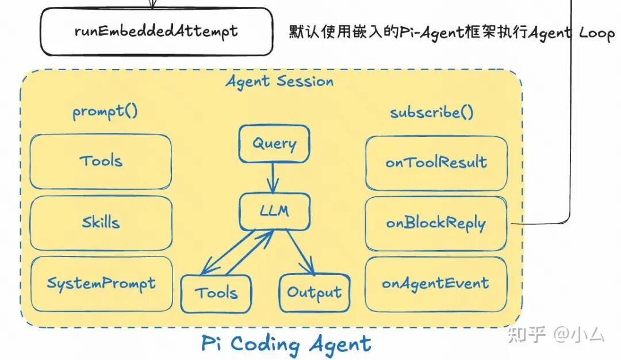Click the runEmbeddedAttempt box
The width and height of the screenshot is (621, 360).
pyautogui.click(x=156, y=31)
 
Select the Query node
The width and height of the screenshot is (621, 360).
pyautogui.click(x=274, y=143)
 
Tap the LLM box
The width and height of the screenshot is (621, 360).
pyautogui.click(x=274, y=212)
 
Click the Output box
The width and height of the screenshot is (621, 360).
pyautogui.click(x=314, y=292)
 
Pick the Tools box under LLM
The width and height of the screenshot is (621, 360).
pyautogui.click(x=216, y=293)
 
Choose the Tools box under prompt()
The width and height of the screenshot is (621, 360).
pyautogui.click(x=101, y=161)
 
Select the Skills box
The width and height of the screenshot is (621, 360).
pyautogui.click(x=101, y=223)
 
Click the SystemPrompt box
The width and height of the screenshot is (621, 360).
pyautogui.click(x=101, y=284)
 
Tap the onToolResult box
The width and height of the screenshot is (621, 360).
pyautogui.click(x=436, y=163)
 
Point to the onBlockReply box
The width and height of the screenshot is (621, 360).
pyautogui.click(x=436, y=224)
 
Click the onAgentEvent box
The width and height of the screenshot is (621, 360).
pyautogui.click(x=436, y=284)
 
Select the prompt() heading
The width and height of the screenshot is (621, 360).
pyautogui.click(x=105, y=111)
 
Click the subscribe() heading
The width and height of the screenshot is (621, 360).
pyautogui.click(x=432, y=112)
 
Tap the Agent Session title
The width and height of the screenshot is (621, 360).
pyautogui.click(x=279, y=82)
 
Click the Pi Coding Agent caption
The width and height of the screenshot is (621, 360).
pyautogui.click(x=286, y=344)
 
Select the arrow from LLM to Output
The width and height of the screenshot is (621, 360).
pyautogui.click(x=301, y=251)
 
